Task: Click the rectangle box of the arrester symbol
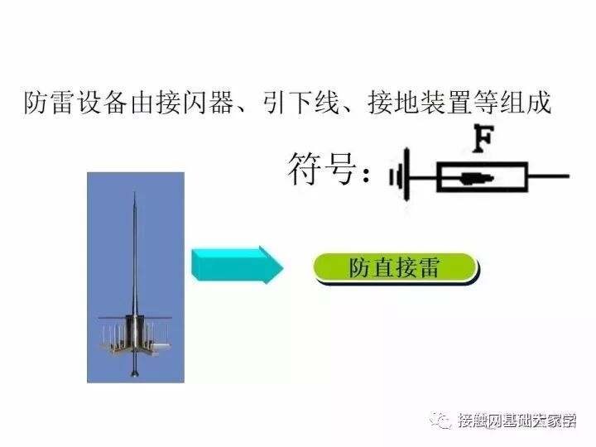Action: click(481, 177)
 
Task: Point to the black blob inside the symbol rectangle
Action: click(477, 177)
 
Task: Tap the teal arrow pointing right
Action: click(237, 266)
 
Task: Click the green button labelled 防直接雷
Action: click(394, 269)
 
